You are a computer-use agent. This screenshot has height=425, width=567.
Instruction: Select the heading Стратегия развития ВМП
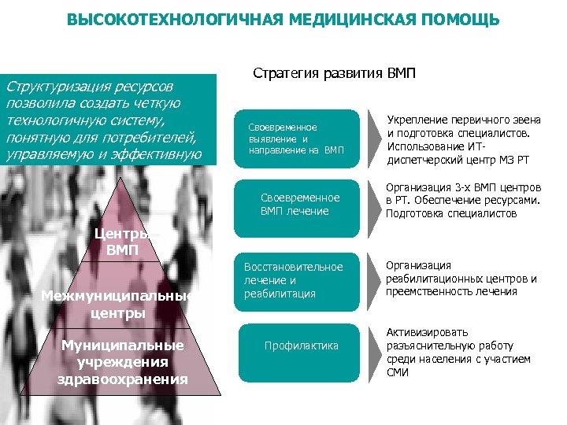(334, 73)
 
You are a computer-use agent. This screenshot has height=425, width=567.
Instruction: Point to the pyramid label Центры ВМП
(122, 242)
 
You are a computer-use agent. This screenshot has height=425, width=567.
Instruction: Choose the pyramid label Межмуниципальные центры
(121, 305)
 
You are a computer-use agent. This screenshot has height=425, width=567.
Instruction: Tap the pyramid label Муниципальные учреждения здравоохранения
(122, 363)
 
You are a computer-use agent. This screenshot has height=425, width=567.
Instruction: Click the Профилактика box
(302, 346)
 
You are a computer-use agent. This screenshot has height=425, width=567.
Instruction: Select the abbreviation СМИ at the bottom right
(398, 373)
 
